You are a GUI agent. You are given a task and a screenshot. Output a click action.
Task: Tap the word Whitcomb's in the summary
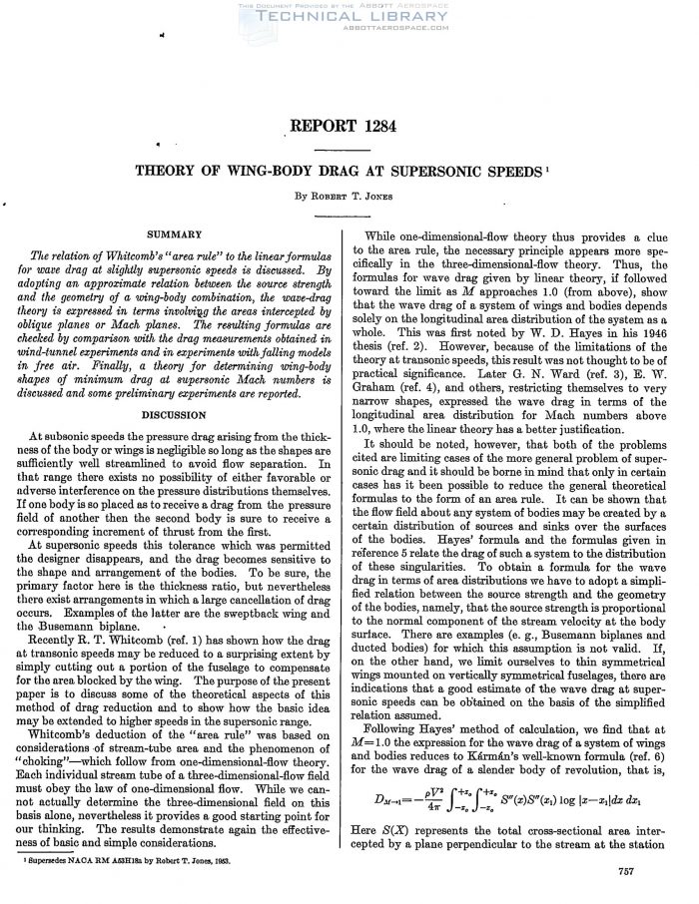pyautogui.click(x=143, y=255)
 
